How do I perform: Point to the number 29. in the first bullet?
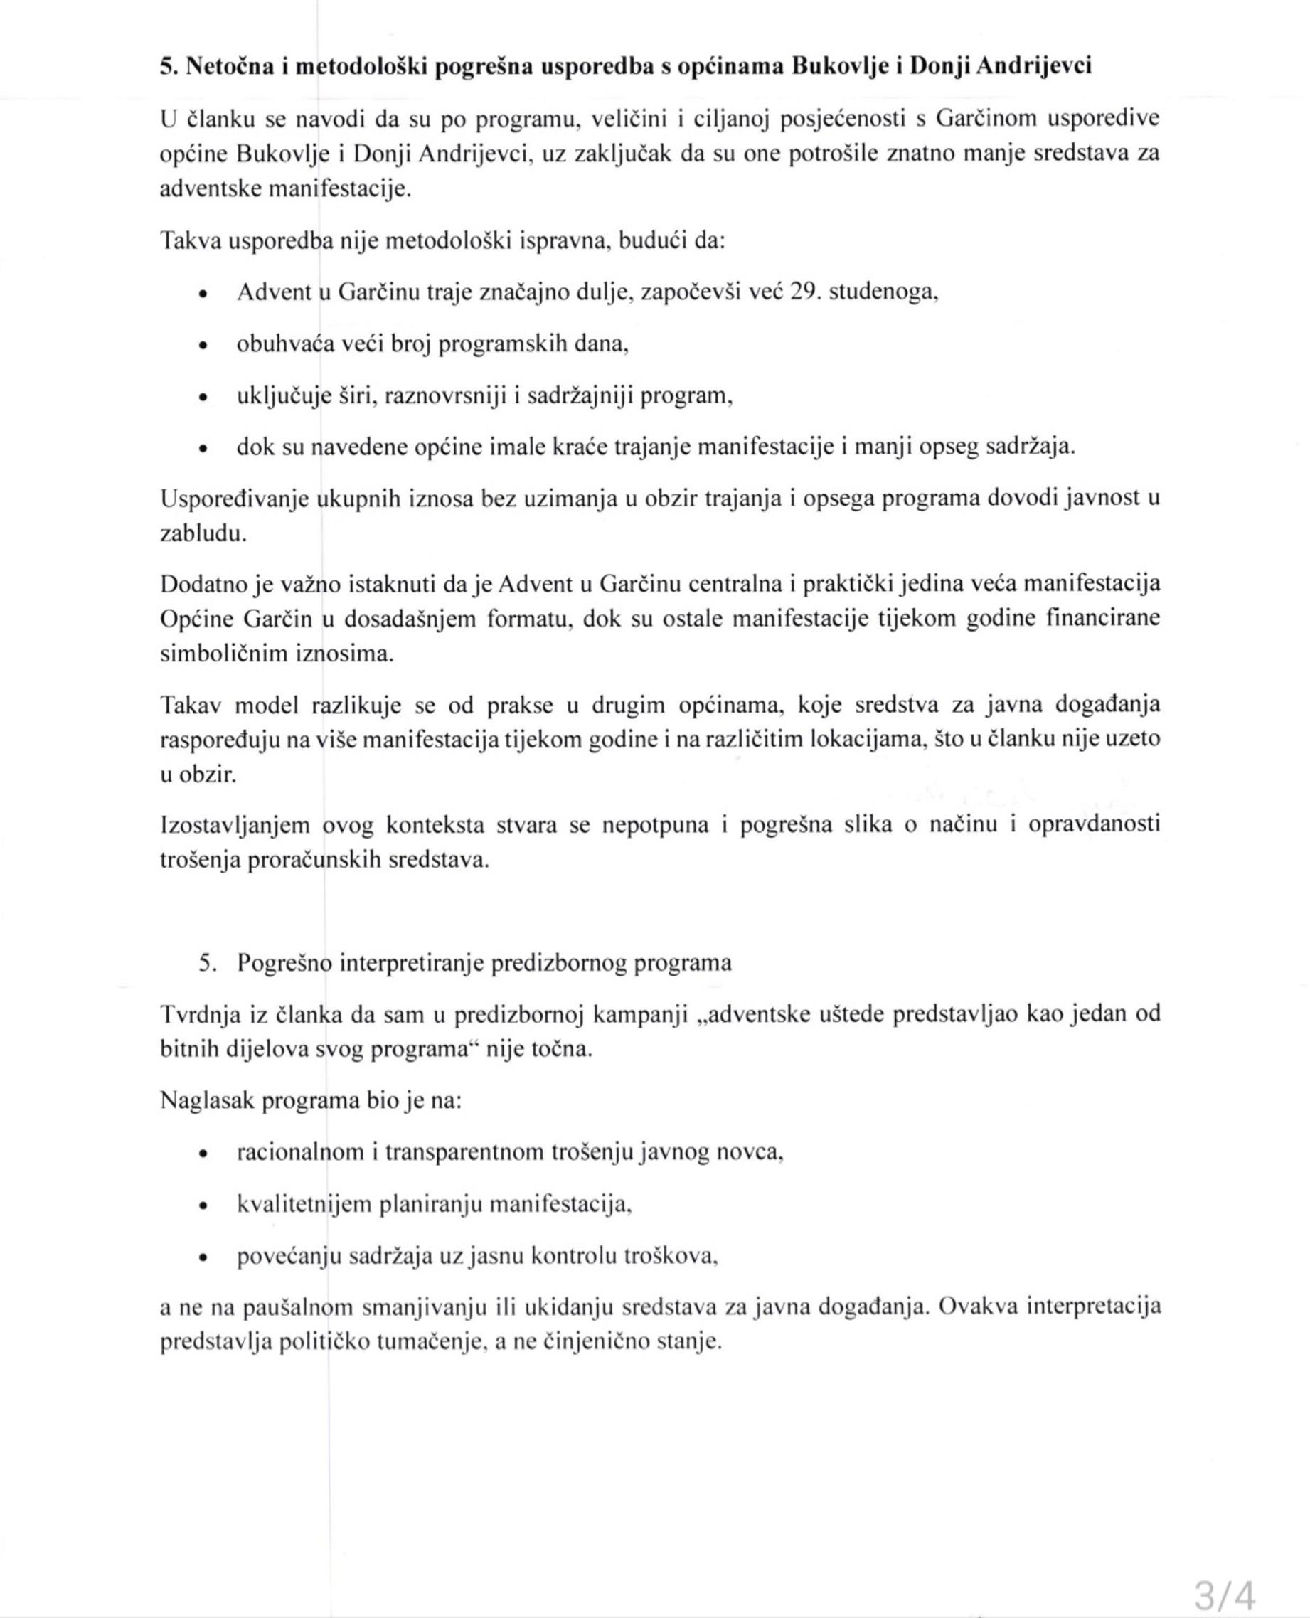(x=806, y=292)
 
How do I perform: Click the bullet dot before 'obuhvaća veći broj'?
(x=201, y=346)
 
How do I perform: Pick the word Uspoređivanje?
(x=235, y=499)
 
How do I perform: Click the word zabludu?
(x=203, y=533)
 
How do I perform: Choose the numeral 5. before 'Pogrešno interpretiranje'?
(x=208, y=964)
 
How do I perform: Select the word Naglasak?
(x=208, y=1101)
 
